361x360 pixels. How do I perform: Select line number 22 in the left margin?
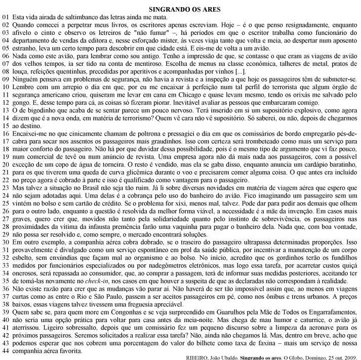[x=6, y=180]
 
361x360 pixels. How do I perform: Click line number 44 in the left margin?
[x=6, y=350]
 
